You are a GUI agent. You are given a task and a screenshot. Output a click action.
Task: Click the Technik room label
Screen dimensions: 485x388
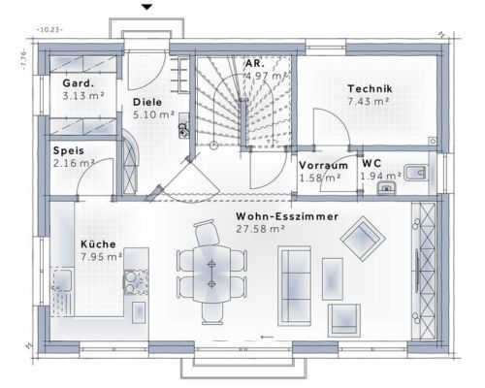370,88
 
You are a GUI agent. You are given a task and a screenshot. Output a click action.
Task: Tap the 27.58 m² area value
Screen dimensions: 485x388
260,229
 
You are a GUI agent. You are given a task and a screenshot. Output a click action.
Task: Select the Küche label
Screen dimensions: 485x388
98,244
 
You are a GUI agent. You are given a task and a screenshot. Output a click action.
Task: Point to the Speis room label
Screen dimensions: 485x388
69,150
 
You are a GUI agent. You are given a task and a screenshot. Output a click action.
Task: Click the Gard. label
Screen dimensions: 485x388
79,83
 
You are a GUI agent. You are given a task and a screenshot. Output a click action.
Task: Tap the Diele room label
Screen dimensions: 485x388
147,102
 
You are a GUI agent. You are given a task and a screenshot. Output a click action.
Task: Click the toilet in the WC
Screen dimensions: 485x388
416,173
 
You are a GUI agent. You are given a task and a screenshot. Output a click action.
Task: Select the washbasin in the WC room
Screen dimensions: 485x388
387,188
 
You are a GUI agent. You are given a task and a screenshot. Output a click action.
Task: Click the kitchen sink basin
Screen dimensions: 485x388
62,280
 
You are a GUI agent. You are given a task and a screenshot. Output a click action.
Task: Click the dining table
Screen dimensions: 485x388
211,275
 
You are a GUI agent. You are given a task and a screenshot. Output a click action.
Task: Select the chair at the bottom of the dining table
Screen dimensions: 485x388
212,313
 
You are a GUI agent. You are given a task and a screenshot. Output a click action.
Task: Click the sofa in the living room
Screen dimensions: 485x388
295,286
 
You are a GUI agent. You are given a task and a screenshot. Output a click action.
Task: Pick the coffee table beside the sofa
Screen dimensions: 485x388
333,278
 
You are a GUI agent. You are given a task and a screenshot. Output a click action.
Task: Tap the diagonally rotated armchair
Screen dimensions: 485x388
363,239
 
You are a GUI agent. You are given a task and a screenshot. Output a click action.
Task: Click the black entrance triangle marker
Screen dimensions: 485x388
147,7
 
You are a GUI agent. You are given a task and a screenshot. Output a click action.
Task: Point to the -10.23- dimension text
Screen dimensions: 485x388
49,30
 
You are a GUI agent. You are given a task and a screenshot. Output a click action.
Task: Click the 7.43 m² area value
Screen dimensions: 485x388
369,101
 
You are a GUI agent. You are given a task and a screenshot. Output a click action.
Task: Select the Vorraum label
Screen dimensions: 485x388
323,165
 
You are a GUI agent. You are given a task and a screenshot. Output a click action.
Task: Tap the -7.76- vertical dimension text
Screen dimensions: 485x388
23,58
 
